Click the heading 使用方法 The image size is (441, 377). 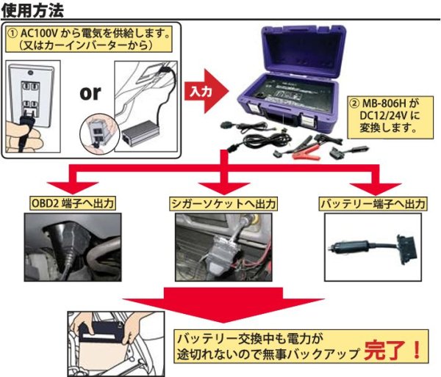coord(32,10)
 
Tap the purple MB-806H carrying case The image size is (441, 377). coord(294,81)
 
